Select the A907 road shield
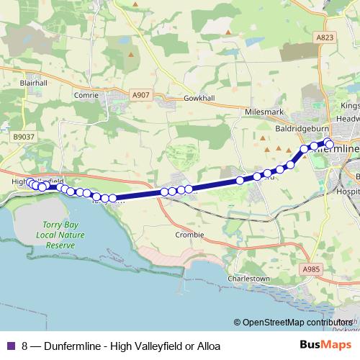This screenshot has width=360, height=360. pyautogui.click(x=141, y=94)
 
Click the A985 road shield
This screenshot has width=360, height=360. pyautogui.click(x=310, y=269)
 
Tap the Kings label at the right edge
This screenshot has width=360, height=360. pyautogui.click(x=348, y=105)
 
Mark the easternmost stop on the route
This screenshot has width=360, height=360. pyautogui.click(x=330, y=145)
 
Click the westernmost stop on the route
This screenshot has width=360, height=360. pyautogui.click(x=31, y=184)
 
